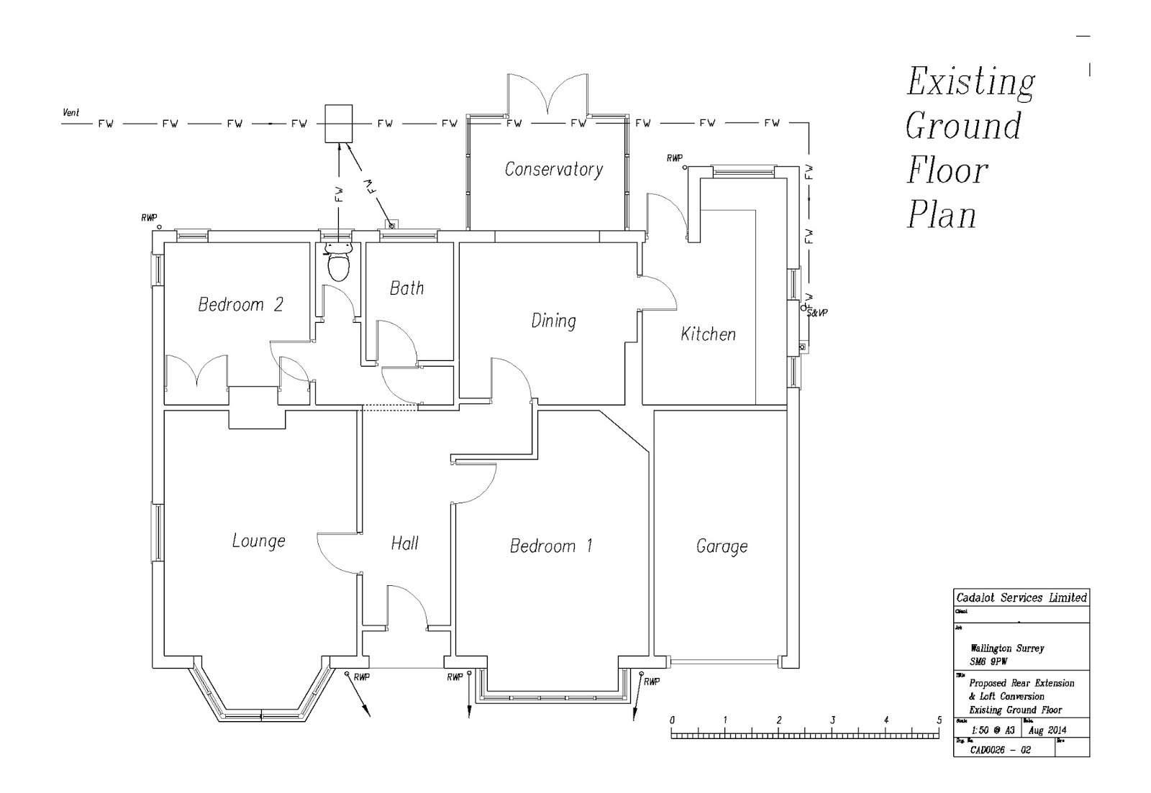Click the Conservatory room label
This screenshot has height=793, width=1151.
tap(553, 170)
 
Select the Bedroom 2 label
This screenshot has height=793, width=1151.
tap(240, 305)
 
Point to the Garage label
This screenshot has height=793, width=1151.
tap(722, 546)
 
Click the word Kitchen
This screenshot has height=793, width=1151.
tap(708, 334)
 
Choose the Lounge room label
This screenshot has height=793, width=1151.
tap(258, 541)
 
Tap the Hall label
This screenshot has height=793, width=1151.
tap(404, 544)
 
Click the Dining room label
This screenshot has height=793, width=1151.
tap(553, 321)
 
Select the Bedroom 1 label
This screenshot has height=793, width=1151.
tap(550, 546)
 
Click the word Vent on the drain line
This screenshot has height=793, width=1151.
tap(71, 113)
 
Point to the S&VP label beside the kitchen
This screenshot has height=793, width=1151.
tap(817, 313)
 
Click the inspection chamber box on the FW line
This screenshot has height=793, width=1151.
tap(338, 124)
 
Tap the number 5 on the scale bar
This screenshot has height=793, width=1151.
tap(939, 720)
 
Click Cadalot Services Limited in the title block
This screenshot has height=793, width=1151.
tap(1021, 597)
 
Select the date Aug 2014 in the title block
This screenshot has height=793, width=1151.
tap(1047, 730)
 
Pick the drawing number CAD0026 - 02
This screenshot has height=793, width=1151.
tap(1000, 750)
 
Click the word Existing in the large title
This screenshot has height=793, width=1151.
tap(970, 82)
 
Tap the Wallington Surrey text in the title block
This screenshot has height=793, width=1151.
tap(1006, 648)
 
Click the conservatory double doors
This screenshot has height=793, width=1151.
tap(548, 93)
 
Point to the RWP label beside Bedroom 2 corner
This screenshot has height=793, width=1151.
tap(149, 218)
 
